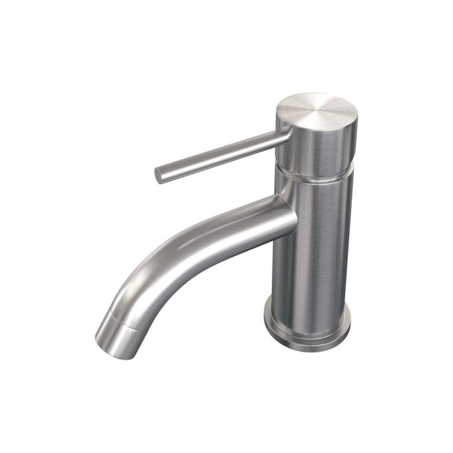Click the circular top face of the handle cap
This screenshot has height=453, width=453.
click(316, 107)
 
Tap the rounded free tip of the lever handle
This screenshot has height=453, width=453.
click(159, 175)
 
